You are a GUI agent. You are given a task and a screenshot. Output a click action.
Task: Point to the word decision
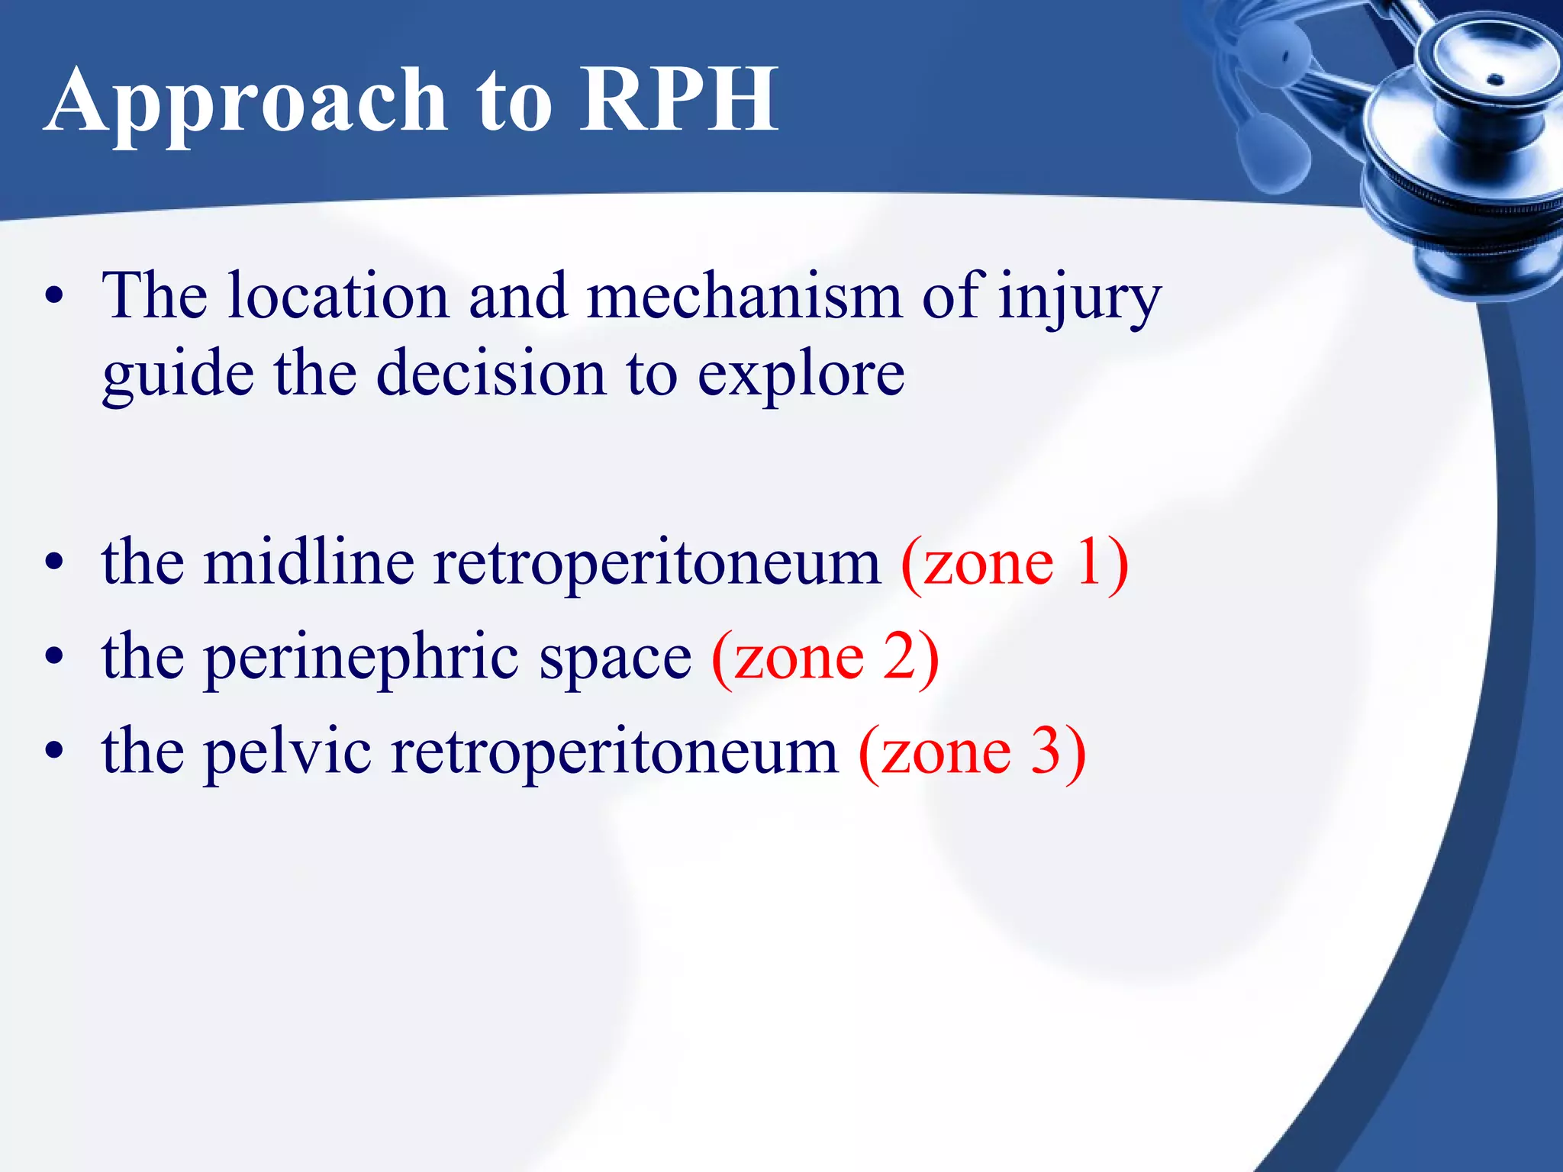point(491,374)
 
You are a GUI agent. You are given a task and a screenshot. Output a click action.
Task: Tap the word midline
point(309,562)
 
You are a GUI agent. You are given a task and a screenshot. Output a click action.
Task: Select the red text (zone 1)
point(1014,562)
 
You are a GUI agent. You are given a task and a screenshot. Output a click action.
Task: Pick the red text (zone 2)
point(825,657)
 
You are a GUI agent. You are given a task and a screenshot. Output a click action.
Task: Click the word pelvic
point(288,752)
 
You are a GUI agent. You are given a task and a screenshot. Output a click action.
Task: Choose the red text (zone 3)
point(972,752)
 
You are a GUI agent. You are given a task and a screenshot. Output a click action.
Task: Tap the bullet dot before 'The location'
point(53,297)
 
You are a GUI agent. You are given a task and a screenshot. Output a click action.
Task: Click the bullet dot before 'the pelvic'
point(53,751)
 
